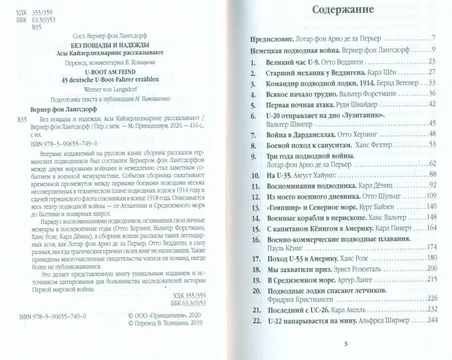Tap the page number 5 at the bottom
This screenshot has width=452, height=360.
point(345,343)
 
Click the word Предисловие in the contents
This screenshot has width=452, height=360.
point(275,37)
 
